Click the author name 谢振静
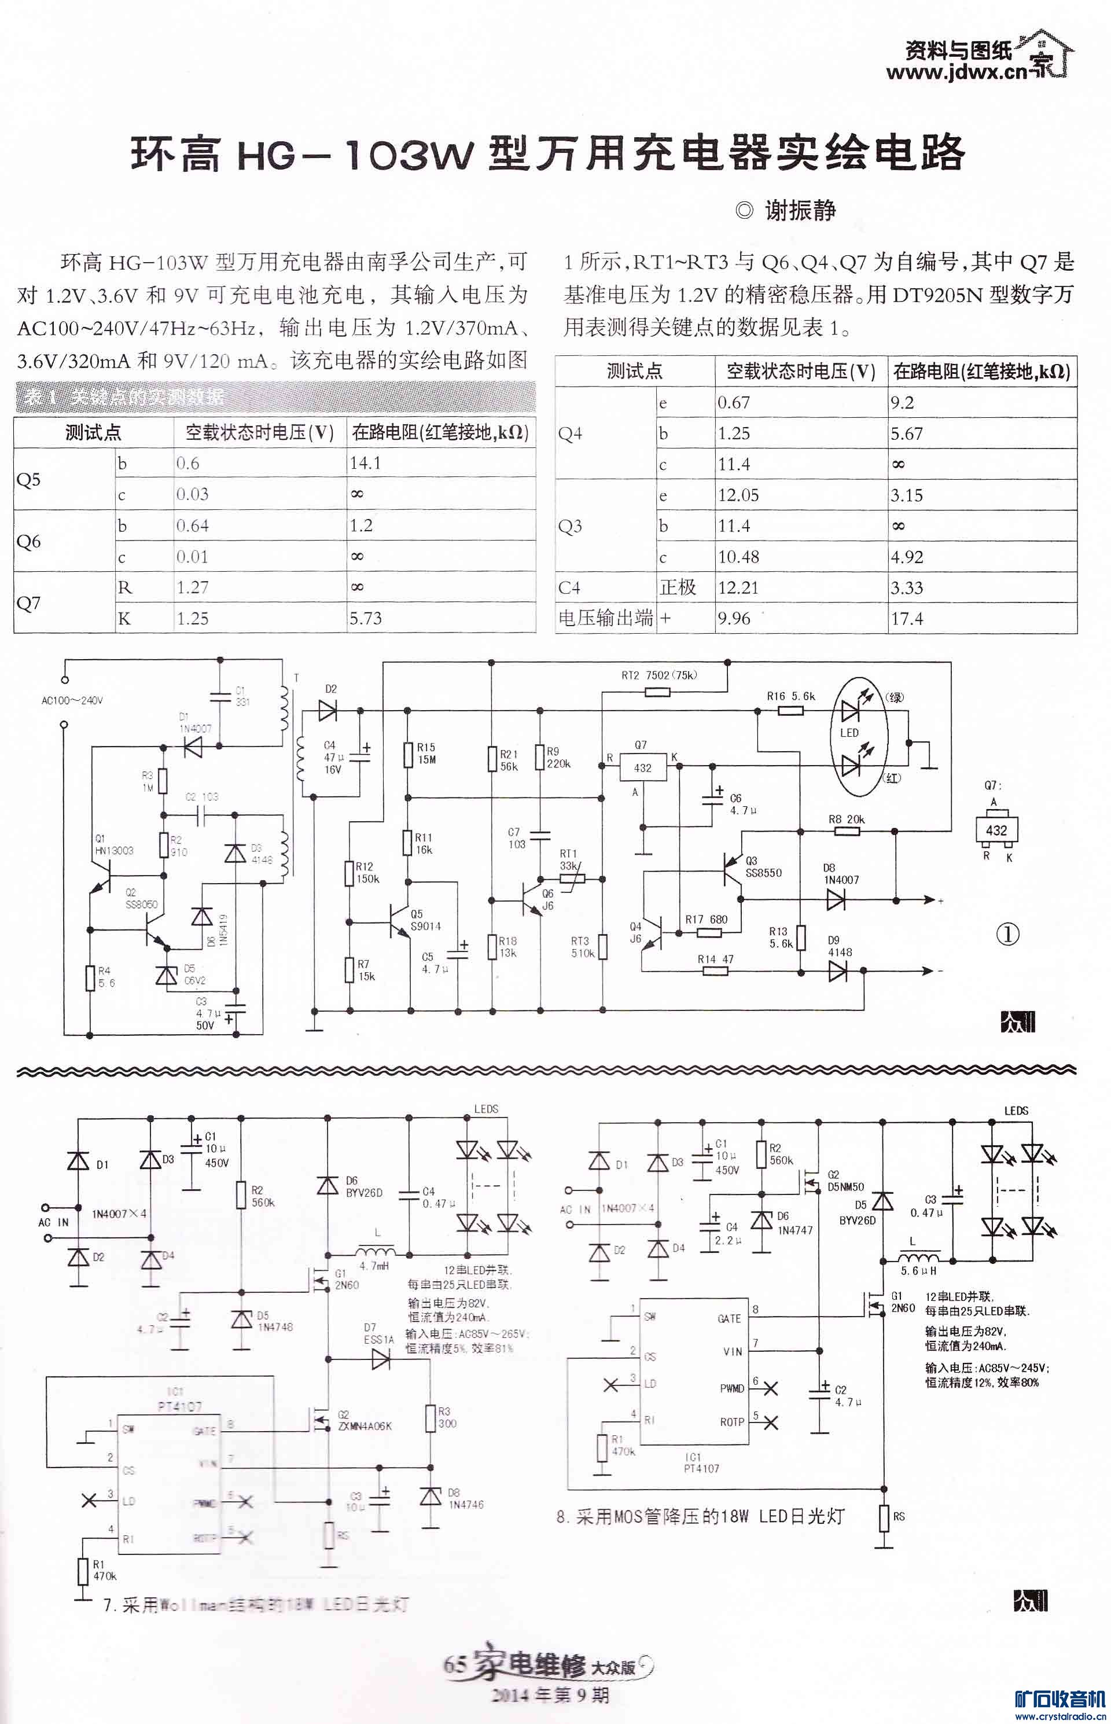pos(800,211)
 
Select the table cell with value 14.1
pos(366,463)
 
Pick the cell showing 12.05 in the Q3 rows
pos(734,495)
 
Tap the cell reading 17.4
pos(906,619)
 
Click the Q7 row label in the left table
pos(29,603)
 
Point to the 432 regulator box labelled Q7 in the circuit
pos(642,768)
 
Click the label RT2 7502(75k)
pos(658,676)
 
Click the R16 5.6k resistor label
pos(790,696)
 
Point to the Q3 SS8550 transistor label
pos(763,866)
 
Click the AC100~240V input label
pos(72,700)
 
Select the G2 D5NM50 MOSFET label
pos(845,1181)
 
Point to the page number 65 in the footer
pos(454,1665)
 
